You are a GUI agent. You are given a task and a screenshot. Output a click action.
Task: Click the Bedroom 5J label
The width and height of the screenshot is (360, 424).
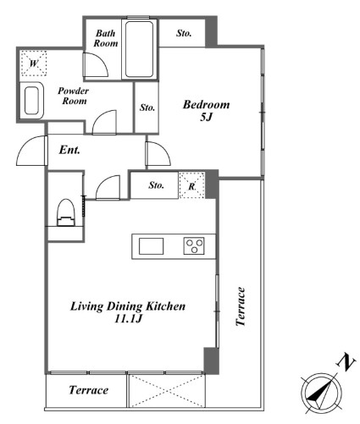tap(206, 110)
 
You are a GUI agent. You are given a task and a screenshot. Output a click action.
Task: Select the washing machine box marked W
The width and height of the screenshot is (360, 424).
tap(34, 63)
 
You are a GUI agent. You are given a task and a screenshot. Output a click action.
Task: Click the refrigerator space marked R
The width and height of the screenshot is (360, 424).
tap(191, 185)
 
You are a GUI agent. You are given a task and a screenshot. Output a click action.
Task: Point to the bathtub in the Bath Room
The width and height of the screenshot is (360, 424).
tap(139, 49)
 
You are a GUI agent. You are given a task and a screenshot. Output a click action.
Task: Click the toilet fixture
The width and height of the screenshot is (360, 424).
tap(67, 212)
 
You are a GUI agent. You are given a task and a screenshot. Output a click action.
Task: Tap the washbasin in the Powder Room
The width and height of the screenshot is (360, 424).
tap(31, 101)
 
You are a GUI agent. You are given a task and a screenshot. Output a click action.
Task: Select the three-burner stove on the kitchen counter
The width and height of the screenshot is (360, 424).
tap(194, 246)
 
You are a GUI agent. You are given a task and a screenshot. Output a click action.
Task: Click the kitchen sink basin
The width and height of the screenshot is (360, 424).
tap(151, 246)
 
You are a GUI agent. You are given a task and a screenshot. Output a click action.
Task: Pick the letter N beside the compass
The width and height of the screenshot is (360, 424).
tap(346, 363)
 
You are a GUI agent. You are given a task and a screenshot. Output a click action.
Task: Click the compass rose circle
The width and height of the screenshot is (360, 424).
tap(321, 393)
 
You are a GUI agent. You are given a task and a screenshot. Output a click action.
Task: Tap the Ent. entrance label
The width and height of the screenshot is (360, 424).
tap(69, 150)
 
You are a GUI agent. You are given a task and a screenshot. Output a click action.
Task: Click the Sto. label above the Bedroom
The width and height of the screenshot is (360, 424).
tap(184, 33)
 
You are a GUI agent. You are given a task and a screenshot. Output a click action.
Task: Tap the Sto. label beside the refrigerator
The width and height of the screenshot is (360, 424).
tap(157, 185)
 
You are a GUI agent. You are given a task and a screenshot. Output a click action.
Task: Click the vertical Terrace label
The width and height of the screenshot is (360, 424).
tap(241, 306)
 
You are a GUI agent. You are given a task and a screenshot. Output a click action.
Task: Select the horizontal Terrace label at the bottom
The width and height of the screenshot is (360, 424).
tap(89, 390)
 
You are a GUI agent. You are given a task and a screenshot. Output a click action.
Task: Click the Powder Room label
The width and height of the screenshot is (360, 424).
tap(74, 96)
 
